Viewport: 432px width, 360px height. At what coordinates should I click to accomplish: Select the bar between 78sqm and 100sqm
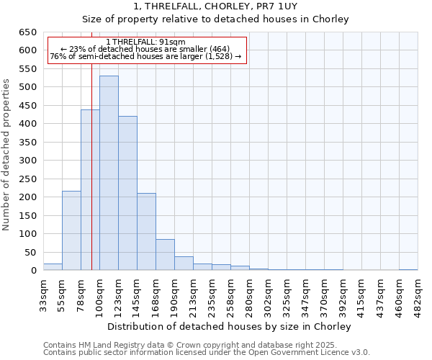tap(90, 190)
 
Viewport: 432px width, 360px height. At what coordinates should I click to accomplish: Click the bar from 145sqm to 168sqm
tap(146, 232)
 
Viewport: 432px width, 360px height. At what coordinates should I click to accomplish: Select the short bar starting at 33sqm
tap(53, 267)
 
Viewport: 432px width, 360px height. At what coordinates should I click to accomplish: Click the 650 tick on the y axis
tap(27, 32)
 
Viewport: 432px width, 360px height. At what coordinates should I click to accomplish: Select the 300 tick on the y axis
tap(27, 161)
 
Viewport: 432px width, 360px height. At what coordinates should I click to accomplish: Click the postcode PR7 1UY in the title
tap(298, 6)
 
